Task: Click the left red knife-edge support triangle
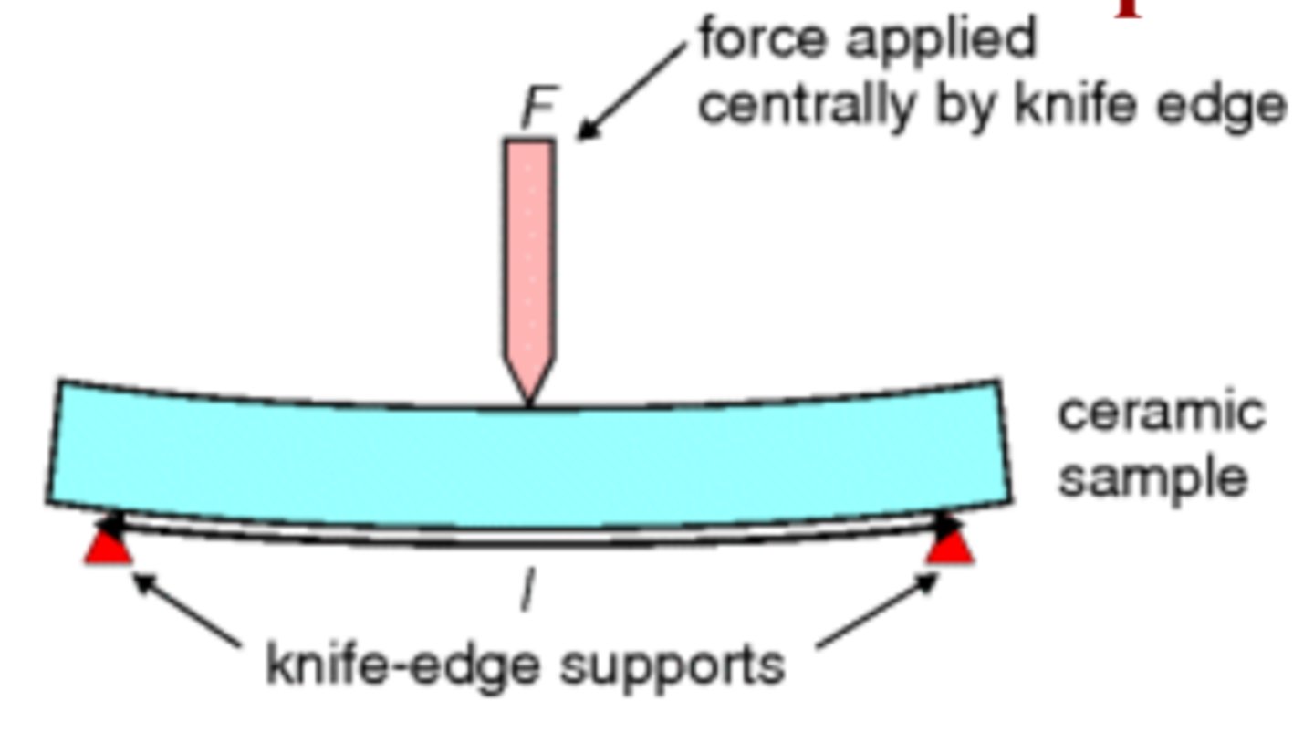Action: point(109,547)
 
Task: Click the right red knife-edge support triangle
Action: point(951,548)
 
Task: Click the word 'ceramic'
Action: point(1161,413)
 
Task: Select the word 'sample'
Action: point(1152,477)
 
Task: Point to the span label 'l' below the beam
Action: point(526,590)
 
